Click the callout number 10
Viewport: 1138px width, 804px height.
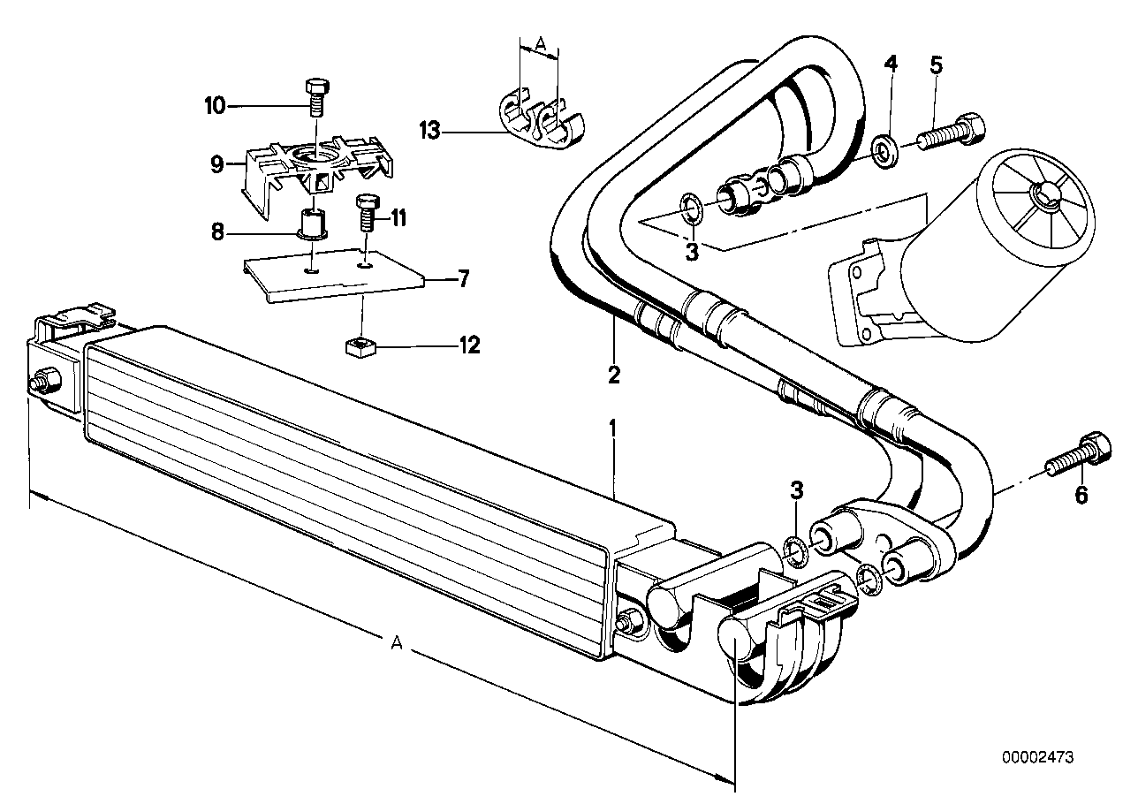tap(215, 107)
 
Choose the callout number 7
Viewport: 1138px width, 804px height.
tap(462, 280)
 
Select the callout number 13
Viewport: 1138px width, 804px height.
tap(429, 133)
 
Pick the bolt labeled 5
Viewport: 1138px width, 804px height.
tap(951, 132)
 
